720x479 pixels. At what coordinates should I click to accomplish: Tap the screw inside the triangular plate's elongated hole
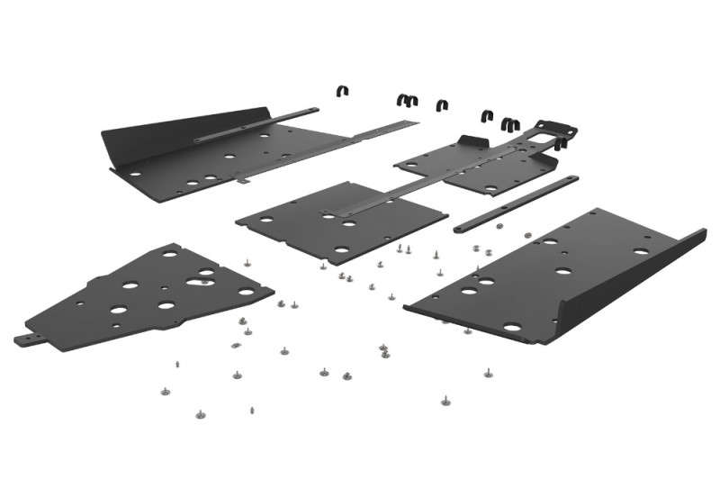[x=206, y=280]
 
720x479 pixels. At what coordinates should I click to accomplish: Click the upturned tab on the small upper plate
[x=471, y=141]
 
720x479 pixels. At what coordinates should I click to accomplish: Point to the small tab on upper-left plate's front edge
[x=244, y=178]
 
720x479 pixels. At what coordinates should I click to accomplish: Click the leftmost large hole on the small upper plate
[x=412, y=163]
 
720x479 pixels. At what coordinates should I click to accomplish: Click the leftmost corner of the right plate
[x=406, y=306]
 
